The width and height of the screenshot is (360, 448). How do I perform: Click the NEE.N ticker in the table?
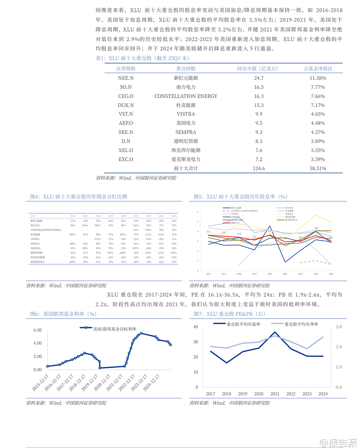click(126, 78)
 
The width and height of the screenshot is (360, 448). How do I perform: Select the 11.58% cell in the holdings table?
click(318, 78)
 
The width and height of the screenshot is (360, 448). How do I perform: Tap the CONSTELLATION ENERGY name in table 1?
click(186, 96)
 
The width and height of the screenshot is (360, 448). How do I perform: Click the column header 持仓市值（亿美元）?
click(259, 69)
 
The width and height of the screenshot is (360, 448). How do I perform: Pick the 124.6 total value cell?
click(259, 168)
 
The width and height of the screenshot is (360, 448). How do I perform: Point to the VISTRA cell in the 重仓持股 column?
click(186, 114)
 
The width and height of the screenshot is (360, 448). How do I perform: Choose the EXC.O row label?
click(126, 159)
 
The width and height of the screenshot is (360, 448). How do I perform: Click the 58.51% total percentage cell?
click(318, 168)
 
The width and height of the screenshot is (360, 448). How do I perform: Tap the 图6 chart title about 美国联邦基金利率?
click(63, 314)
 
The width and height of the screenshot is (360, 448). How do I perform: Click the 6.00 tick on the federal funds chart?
click(38, 330)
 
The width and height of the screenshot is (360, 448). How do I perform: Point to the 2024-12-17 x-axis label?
click(152, 382)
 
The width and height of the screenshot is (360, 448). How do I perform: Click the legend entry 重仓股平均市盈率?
click(243, 324)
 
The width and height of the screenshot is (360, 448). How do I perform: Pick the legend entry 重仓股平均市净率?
click(301, 324)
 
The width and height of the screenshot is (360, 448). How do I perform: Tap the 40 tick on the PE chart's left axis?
click(195, 327)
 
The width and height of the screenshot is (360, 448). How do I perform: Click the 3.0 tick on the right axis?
click(339, 327)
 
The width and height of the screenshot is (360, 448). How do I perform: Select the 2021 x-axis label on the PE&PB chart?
click(274, 394)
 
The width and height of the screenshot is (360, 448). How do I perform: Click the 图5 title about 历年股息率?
click(241, 197)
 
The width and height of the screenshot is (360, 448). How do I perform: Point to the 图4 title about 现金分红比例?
click(79, 197)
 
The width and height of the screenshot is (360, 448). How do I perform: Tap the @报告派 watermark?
click(338, 443)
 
